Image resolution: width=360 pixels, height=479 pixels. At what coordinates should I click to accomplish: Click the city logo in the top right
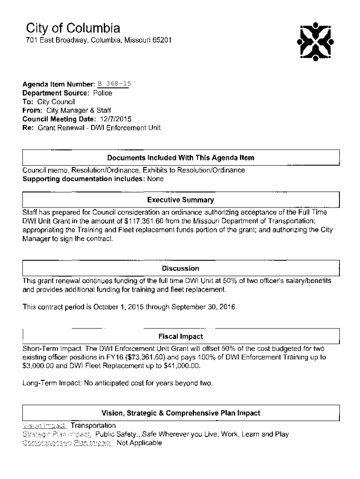pos(315,42)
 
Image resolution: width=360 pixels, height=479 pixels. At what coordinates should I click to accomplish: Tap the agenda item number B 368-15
pos(114,84)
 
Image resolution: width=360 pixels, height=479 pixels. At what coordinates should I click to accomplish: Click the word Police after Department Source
pos(103,93)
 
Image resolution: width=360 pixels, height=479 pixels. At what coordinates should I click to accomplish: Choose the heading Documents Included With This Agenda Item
pos(180,158)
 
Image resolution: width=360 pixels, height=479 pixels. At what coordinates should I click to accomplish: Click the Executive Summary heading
pos(180,200)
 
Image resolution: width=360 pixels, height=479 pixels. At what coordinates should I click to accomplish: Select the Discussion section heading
pos(180,269)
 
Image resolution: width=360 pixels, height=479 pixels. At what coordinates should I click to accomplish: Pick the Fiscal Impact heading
pos(180,336)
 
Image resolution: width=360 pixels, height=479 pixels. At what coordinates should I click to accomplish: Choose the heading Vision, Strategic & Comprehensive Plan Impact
pos(180,413)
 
